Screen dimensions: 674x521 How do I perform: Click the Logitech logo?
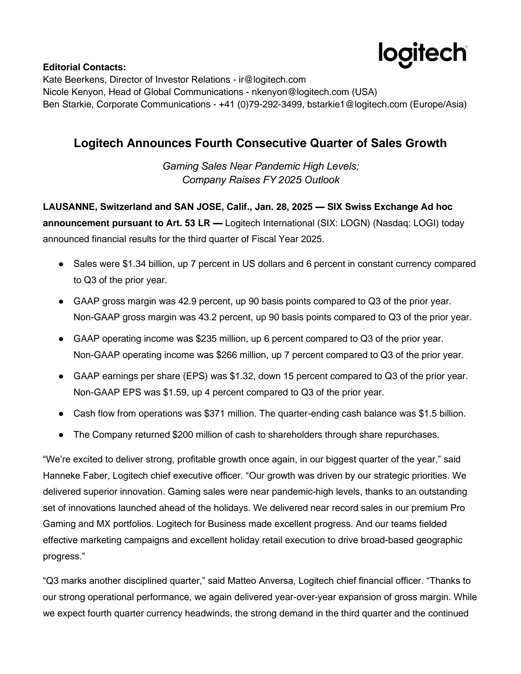pyautogui.click(x=423, y=54)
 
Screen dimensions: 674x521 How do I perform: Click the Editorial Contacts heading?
pyautogui.click(x=84, y=67)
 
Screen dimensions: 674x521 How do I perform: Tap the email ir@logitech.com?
pyautogui.click(x=272, y=80)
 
